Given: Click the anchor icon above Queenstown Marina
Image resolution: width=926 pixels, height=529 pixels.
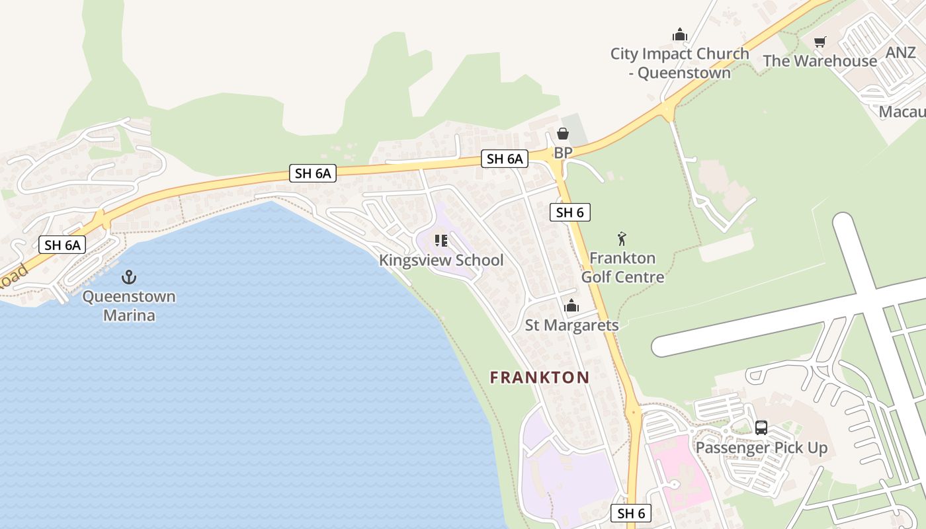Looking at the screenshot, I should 129,277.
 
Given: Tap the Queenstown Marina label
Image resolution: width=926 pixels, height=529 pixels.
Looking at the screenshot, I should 129,305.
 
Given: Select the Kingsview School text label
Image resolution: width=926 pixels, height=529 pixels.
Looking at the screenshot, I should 441,261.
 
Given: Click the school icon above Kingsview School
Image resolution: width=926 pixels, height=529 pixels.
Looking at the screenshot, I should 441,241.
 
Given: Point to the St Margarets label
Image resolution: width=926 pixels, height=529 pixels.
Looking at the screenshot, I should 571,325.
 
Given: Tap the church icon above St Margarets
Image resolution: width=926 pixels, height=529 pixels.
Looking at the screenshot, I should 571,306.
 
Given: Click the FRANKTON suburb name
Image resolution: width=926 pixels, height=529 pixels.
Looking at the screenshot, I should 540,378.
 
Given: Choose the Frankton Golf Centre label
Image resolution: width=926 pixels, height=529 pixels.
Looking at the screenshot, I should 622,267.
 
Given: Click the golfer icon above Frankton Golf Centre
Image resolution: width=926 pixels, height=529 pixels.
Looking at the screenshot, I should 622,239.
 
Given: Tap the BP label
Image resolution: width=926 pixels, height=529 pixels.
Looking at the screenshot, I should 563,153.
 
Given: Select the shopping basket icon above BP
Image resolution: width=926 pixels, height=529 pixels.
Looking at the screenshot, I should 563,134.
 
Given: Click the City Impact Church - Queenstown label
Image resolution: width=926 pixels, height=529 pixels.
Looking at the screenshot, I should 680,63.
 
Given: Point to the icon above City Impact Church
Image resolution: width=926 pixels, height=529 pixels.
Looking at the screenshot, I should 679,34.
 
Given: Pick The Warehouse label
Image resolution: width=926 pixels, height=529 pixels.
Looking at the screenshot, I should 820,61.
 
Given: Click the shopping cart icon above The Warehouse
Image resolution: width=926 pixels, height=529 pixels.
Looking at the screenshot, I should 820,42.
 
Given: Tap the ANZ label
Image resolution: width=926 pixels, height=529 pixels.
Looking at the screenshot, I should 901,53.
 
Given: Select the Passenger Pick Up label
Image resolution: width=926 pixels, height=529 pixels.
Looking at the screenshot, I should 761,448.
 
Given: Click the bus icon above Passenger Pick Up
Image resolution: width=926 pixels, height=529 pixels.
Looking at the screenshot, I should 761,428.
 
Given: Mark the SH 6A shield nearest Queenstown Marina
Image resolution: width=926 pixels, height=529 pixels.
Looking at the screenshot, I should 63,245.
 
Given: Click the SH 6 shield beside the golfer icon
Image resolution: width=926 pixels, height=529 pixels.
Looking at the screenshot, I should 570,212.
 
